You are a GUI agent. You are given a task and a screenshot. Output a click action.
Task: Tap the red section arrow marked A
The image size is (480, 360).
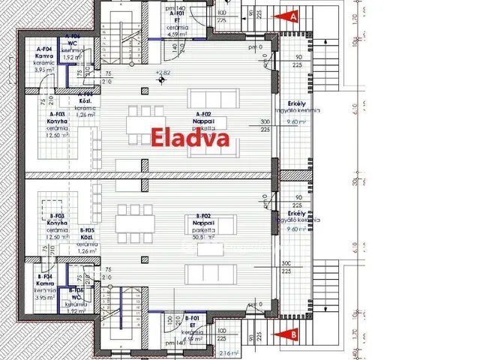tap(291, 15)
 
